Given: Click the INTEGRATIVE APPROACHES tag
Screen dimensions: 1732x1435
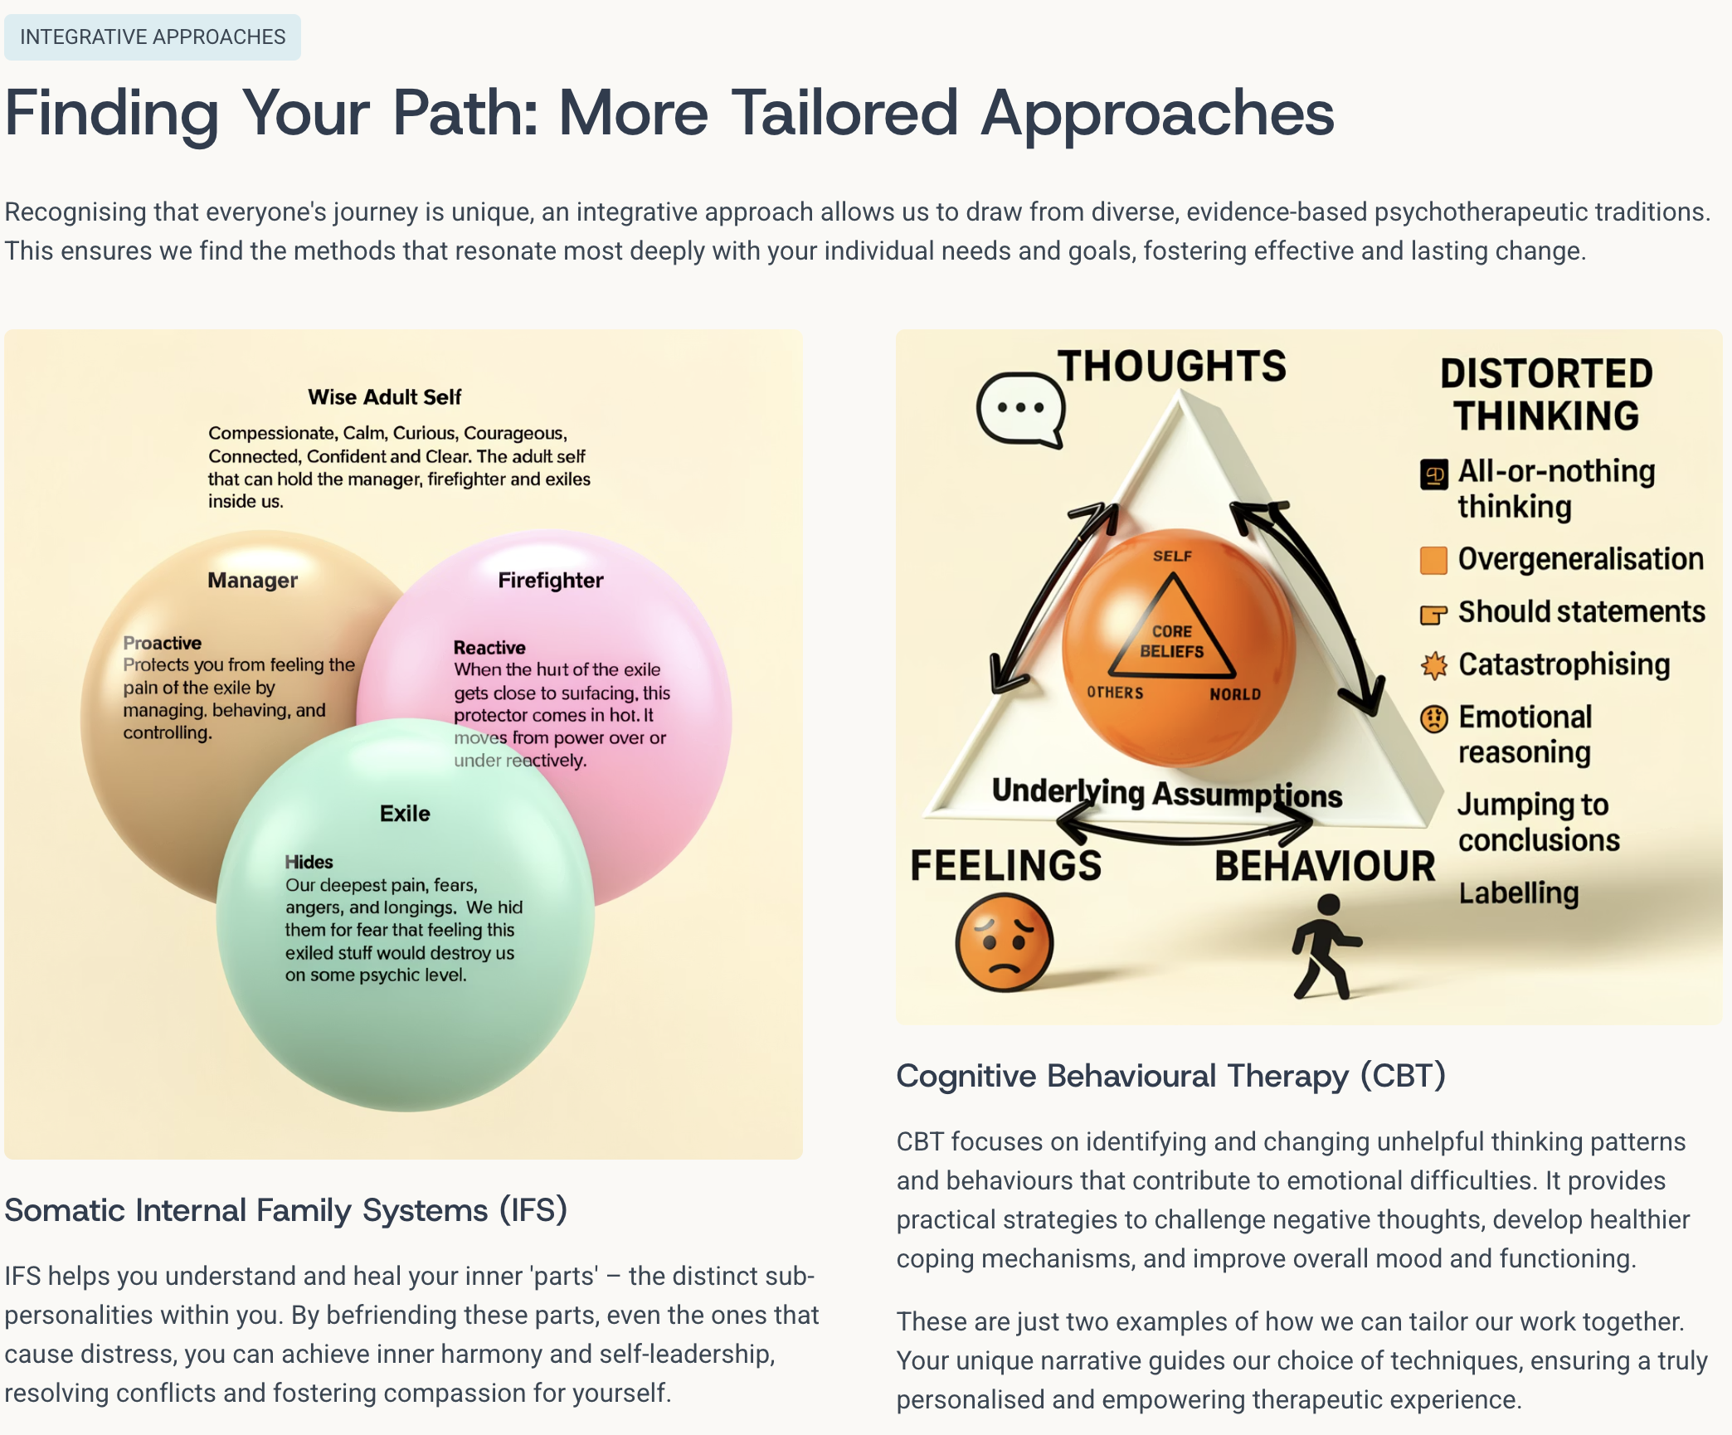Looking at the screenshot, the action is click(153, 37).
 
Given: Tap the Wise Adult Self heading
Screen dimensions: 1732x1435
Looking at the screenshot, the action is click(385, 397).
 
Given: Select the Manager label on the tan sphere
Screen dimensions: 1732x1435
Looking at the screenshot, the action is click(252, 581).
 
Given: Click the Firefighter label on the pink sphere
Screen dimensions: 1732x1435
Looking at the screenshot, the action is click(551, 581).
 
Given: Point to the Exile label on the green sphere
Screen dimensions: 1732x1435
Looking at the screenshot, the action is click(405, 814).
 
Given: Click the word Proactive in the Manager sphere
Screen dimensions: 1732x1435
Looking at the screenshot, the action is click(163, 643).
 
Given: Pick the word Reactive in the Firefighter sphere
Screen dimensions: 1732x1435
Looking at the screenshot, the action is click(489, 648).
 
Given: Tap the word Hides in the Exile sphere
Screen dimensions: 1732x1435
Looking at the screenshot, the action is click(309, 862).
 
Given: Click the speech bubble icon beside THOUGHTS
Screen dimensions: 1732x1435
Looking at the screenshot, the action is click(1020, 410).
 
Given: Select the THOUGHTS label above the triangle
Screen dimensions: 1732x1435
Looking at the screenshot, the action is click(1172, 366).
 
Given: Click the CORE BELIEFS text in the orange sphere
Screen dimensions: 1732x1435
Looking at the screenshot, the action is click(1171, 641).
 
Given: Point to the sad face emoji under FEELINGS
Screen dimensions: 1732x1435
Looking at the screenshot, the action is click(1004, 942).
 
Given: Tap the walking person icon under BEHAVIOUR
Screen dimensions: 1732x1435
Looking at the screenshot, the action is click(1326, 946).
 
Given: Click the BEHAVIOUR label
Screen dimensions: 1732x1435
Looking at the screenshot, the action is click(1325, 866).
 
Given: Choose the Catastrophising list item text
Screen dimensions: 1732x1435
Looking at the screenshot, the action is click(1564, 664).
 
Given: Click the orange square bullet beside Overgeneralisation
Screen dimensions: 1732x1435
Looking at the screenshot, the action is click(1433, 560).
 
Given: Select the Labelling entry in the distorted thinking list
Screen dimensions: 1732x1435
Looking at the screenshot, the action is click(1519, 893).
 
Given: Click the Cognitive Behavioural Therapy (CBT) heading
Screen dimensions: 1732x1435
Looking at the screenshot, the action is click(1171, 1076).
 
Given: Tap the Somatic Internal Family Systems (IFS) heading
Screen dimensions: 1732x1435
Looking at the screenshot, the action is click(286, 1210).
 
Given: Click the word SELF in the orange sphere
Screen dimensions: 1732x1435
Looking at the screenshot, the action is click(1172, 556).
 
